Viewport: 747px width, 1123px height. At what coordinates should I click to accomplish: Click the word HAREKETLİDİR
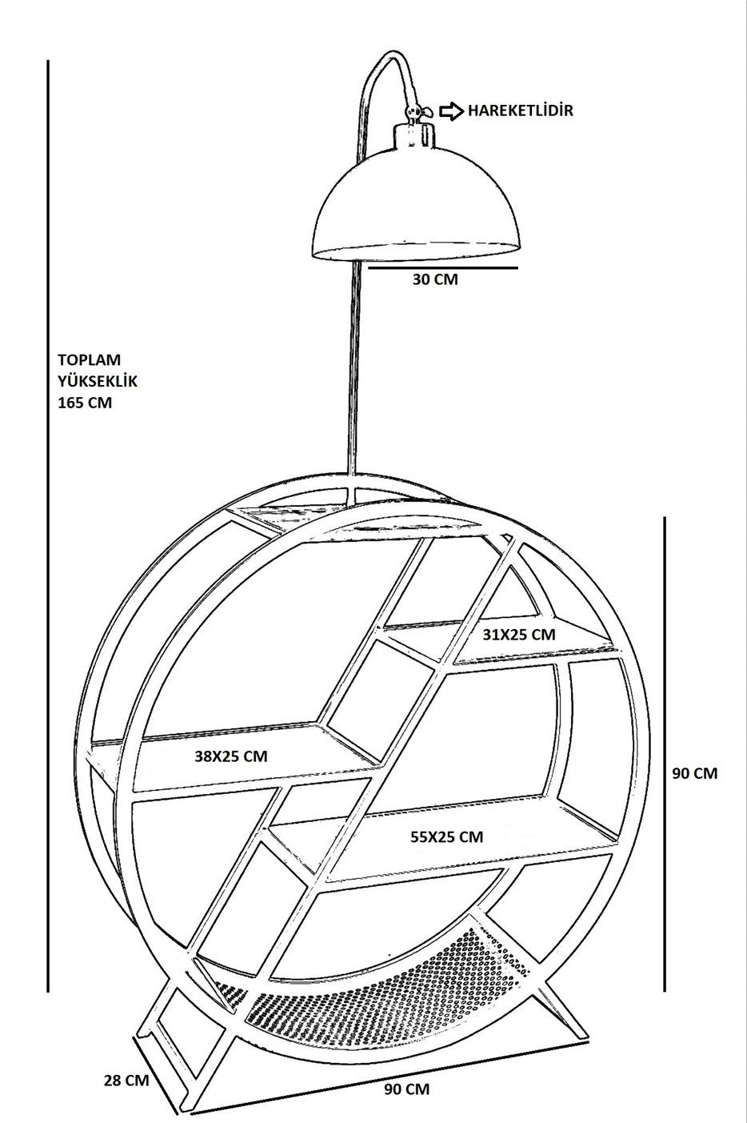point(520,110)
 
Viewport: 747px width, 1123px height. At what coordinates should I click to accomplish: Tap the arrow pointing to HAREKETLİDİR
point(452,111)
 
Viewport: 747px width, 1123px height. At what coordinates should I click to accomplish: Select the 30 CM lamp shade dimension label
point(435,279)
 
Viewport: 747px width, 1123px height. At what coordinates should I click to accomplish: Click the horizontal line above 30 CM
point(443,267)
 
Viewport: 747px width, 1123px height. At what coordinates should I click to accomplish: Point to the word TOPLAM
point(90,360)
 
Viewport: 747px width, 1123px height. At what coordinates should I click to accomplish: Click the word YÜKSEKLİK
point(98,381)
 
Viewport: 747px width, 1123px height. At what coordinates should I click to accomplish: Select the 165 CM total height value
point(85,403)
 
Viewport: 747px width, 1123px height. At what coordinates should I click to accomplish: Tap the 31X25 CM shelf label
point(519,635)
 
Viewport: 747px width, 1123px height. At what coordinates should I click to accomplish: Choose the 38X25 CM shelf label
point(231,756)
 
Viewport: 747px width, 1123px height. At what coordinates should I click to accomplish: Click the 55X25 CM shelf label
point(447,836)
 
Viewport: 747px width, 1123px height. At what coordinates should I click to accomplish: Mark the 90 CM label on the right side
point(695,773)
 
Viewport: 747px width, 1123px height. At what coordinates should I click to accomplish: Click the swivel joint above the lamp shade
point(413,112)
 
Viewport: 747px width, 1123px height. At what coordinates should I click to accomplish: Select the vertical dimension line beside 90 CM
point(665,755)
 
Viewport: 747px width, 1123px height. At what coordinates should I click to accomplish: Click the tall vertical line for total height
point(48,526)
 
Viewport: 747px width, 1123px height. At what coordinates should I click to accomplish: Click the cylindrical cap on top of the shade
point(413,134)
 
